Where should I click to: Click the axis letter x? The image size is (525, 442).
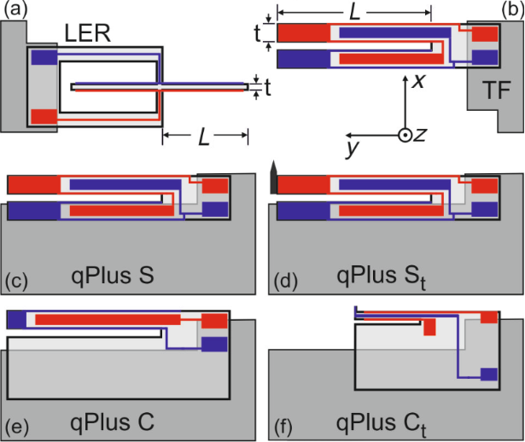[x=419, y=82]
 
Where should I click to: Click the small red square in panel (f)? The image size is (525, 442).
[x=430, y=329]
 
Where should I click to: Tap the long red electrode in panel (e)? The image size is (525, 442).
[x=108, y=319]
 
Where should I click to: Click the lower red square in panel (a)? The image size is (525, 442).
[x=44, y=117]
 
